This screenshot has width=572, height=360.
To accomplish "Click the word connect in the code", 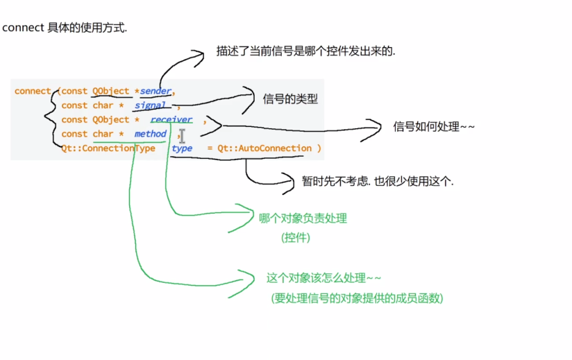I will [x=32, y=91].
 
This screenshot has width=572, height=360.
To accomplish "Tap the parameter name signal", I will [x=150, y=105].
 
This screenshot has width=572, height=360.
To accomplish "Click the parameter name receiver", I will [x=171, y=119].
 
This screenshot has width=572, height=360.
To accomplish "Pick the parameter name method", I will [x=151, y=134].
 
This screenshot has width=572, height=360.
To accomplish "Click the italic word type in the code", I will [x=182, y=148].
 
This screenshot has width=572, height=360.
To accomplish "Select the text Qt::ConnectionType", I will [x=108, y=148].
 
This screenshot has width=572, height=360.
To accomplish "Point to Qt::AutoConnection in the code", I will [x=264, y=148].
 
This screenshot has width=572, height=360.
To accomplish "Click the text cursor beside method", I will [x=183, y=135].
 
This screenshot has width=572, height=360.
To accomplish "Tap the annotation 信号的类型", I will [x=290, y=98].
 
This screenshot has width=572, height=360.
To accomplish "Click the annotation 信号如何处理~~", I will [x=434, y=126].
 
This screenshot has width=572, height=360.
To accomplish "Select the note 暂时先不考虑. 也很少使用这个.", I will [x=378, y=182].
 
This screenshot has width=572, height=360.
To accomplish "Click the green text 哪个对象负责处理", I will [x=303, y=218].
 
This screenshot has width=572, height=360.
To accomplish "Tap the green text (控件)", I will [x=296, y=237].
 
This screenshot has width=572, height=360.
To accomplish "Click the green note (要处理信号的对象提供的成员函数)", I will [x=357, y=298].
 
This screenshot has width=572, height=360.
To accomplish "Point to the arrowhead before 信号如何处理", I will [x=376, y=127].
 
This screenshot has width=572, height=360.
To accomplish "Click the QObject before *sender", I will [x=111, y=91].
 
